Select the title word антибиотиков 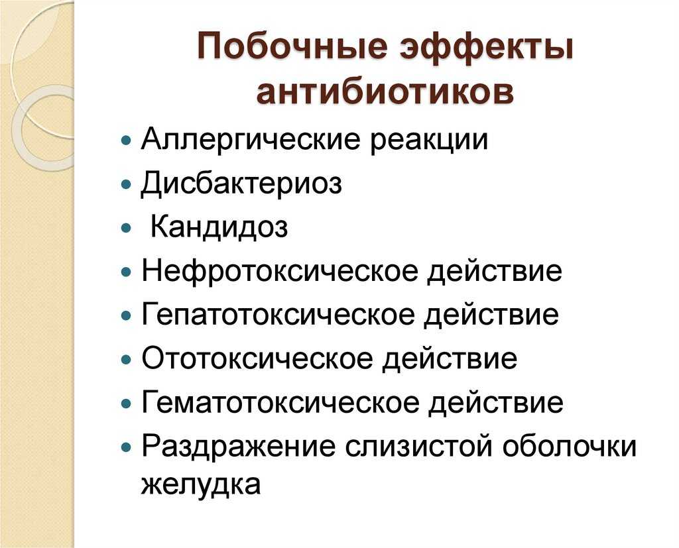click(385, 91)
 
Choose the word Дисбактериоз click(241, 184)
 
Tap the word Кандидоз click(219, 227)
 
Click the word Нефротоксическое click(280, 270)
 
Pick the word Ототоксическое click(258, 358)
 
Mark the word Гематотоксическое click(280, 402)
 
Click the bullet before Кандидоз click(127, 228)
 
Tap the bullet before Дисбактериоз click(127, 184)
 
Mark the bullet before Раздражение click(127, 447)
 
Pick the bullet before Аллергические click(127, 140)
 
